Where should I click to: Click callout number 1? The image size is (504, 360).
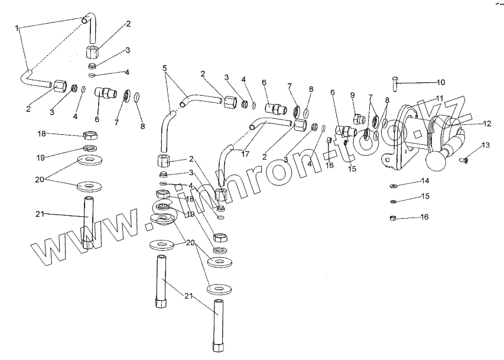point(18,28)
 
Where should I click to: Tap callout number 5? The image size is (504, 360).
point(165,68)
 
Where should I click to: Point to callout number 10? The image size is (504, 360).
point(440,82)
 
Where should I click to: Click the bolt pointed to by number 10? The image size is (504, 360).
point(395,82)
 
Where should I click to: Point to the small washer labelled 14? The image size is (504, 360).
point(394,185)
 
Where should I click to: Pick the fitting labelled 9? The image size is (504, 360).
point(357,119)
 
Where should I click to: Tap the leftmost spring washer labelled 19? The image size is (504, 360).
point(89,148)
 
